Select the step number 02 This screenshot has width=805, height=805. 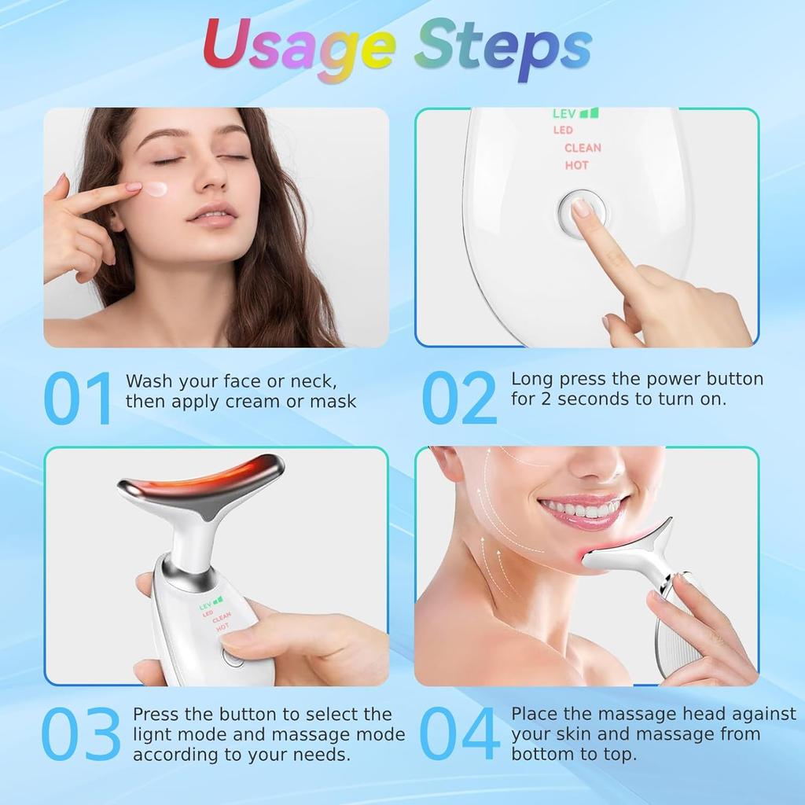459,399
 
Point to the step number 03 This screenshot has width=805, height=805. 80,734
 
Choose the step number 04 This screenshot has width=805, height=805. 459,734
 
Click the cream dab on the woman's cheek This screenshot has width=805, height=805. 156,189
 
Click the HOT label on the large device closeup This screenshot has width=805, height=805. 576,166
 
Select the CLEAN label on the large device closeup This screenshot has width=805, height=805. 583,148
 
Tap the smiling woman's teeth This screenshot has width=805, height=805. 580,509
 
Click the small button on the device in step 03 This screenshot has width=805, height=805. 233,657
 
